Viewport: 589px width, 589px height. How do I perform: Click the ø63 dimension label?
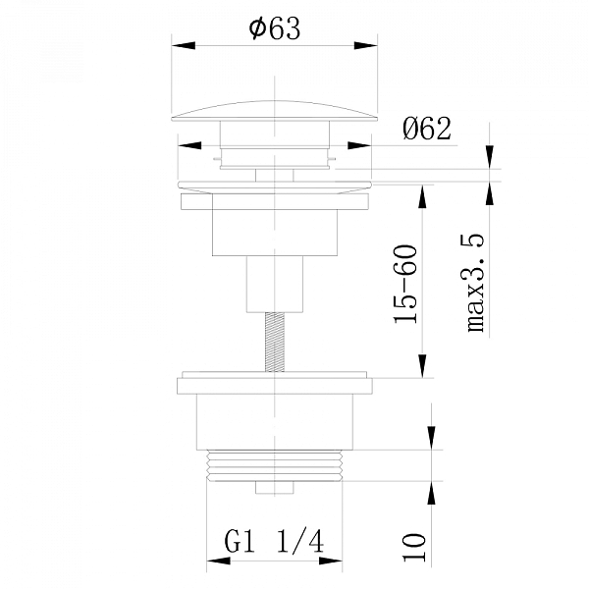click(x=275, y=28)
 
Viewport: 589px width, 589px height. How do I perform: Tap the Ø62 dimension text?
click(x=426, y=129)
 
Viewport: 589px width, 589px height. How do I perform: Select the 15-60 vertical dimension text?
click(x=405, y=284)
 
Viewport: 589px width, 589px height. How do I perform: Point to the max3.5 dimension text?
click(x=475, y=283)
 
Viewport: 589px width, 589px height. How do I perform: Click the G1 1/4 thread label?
click(x=274, y=542)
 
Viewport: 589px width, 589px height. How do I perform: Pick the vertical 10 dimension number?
click(x=414, y=547)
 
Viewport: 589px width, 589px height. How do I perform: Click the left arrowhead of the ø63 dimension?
click(x=184, y=45)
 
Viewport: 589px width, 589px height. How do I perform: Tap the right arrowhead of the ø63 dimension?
click(x=365, y=45)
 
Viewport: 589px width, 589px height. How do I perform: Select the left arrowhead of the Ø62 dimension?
click(x=189, y=145)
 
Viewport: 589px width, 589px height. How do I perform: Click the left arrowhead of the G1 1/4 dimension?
click(x=219, y=561)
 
